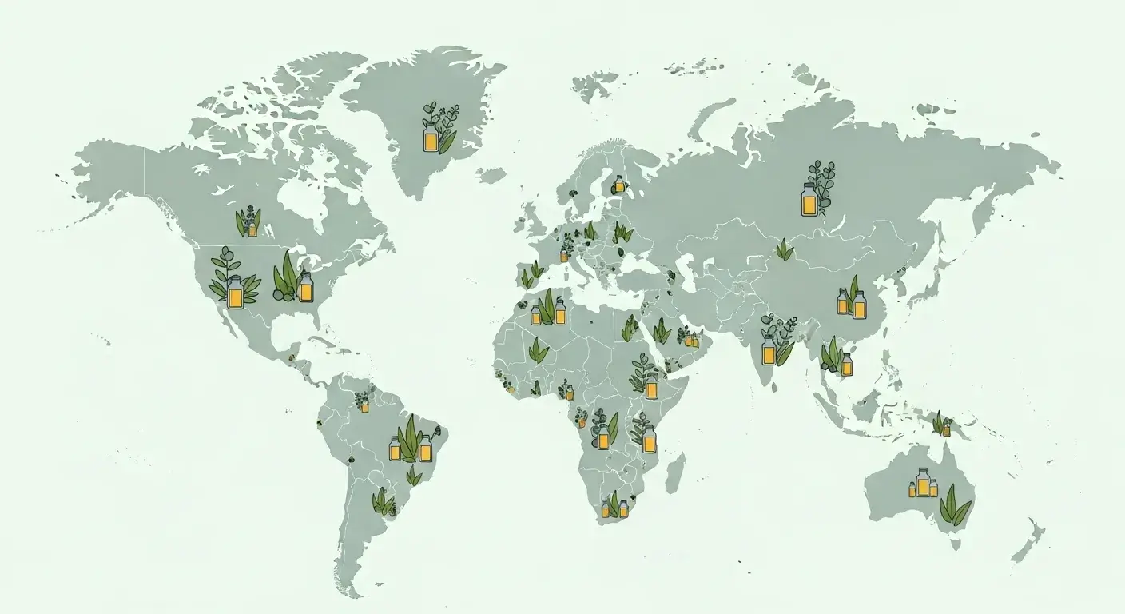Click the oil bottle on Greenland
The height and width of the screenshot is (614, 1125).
pyautogui.click(x=431, y=140)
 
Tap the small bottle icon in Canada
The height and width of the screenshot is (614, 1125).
pyautogui.click(x=252, y=229)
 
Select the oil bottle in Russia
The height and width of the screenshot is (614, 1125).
pyautogui.click(x=809, y=200)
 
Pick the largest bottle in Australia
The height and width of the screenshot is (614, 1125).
pyautogui.click(x=923, y=481)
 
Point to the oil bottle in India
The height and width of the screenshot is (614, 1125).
pyautogui.click(x=769, y=349)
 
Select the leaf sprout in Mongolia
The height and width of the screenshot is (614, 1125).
pyautogui.click(x=785, y=250)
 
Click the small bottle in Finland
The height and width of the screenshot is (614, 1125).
pyautogui.click(x=618, y=185)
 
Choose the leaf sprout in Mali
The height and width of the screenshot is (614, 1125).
pyautogui.click(x=539, y=349)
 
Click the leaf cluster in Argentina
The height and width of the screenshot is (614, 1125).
pyautogui.click(x=384, y=502)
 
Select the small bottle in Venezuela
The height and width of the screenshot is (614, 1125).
pyautogui.click(x=364, y=405)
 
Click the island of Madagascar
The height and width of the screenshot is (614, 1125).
pyautogui.click(x=675, y=472)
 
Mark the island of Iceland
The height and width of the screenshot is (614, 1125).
pyautogui.click(x=490, y=174)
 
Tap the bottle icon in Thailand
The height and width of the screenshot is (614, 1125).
pyautogui.click(x=846, y=365)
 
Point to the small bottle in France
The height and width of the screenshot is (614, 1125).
pyautogui.click(x=563, y=256)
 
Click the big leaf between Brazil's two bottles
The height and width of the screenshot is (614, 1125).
pyautogui.click(x=410, y=441)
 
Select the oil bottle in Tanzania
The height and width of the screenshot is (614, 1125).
pyautogui.click(x=649, y=439)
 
